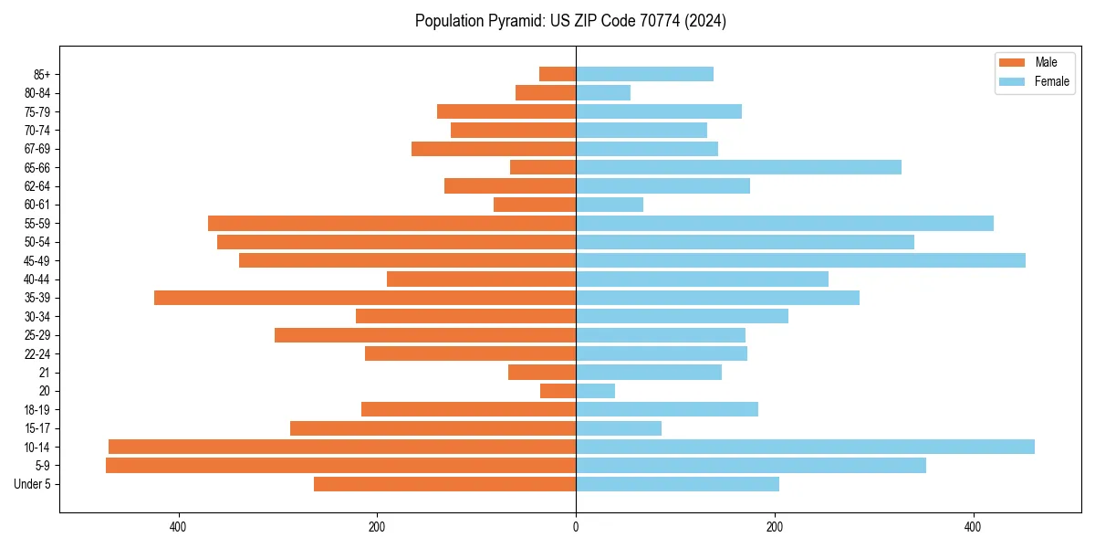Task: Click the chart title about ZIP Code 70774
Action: pyautogui.click(x=570, y=21)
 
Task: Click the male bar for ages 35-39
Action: pyautogui.click(x=365, y=298)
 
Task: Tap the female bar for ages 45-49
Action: pyautogui.click(x=800, y=260)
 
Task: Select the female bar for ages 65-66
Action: pyautogui.click(x=738, y=167)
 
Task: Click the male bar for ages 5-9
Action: pyautogui.click(x=340, y=466)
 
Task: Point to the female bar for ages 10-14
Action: pyautogui.click(x=805, y=447)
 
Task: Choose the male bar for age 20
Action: pyautogui.click(x=558, y=391)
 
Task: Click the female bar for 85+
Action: pyautogui.click(x=644, y=74)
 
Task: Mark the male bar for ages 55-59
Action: pyautogui.click(x=391, y=223)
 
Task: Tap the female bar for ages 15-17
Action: pyautogui.click(x=619, y=428)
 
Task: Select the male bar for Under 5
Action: pyautogui.click(x=444, y=484)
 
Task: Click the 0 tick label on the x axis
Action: pyautogui.click(x=576, y=527)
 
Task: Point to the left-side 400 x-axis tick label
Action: pyautogui.click(x=178, y=527)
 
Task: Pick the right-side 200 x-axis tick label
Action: pyautogui.click(x=774, y=527)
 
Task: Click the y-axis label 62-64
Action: pyautogui.click(x=36, y=186)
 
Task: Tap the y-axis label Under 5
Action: pyautogui.click(x=33, y=484)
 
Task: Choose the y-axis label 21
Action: pyautogui.click(x=45, y=373)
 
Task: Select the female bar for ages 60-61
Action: pyautogui.click(x=610, y=205)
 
